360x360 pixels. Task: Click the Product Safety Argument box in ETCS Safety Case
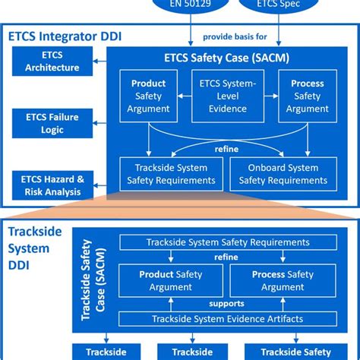[148, 96]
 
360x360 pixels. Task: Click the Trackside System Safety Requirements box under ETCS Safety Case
[171, 173]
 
